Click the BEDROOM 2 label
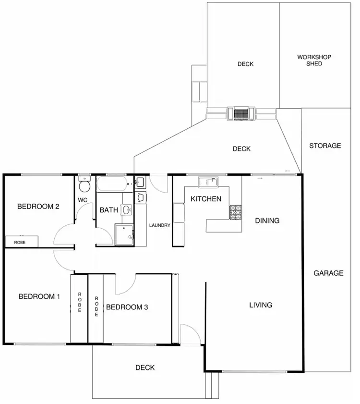[x=38, y=207]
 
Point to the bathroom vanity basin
[x=127, y=209]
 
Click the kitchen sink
[x=208, y=182]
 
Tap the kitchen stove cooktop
[x=235, y=212]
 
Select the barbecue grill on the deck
[x=241, y=113]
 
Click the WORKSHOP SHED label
[x=314, y=60]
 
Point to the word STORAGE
[x=325, y=146]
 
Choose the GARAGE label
[x=328, y=273]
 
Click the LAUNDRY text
[x=160, y=225]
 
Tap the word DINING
[x=267, y=220]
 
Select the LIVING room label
[x=261, y=305]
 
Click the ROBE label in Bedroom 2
[x=20, y=243]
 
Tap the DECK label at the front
[x=145, y=367]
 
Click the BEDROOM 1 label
[x=39, y=296]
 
